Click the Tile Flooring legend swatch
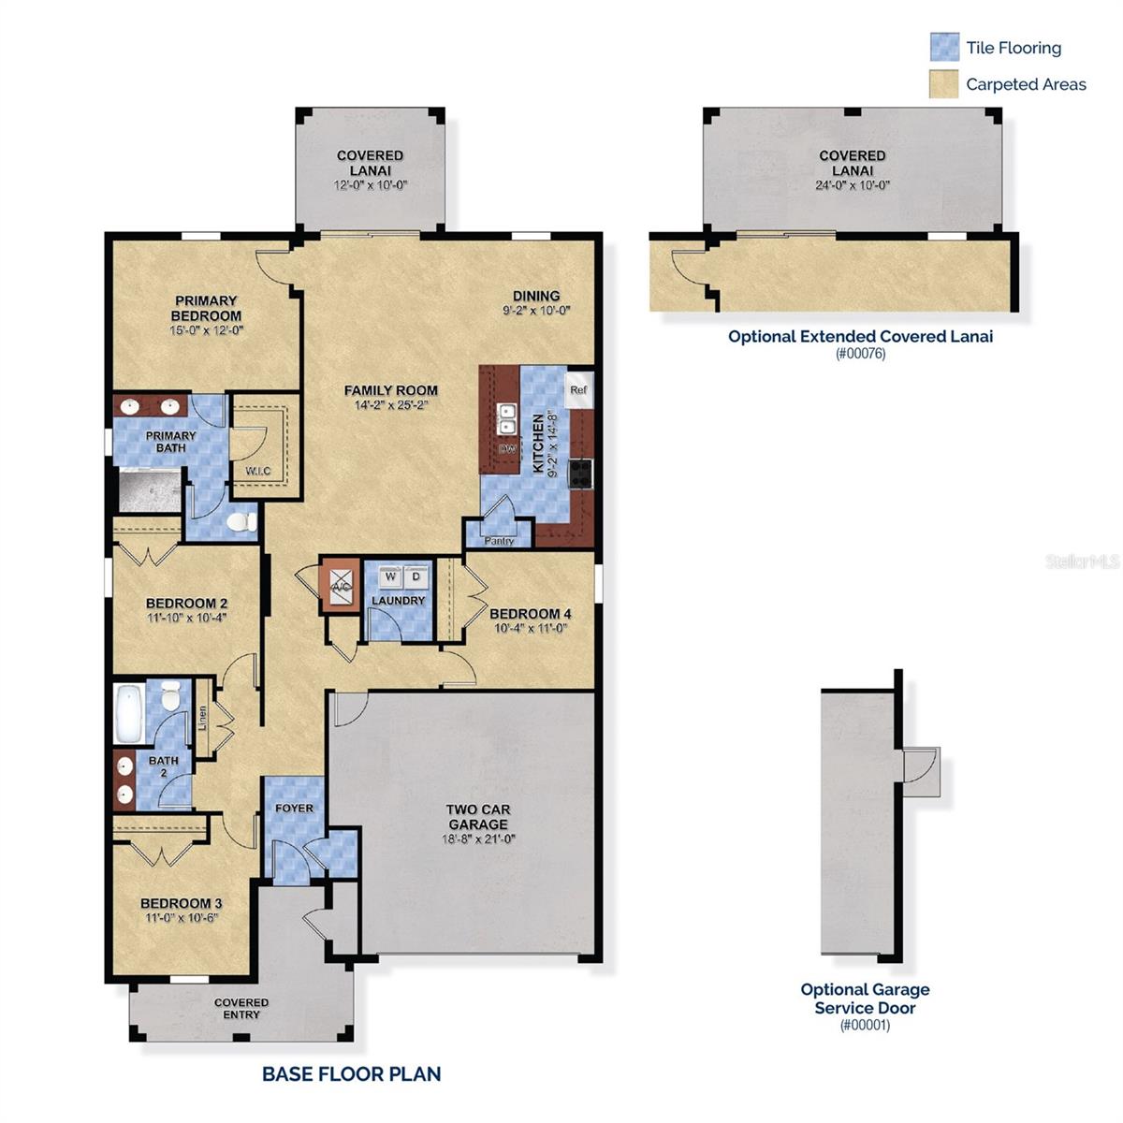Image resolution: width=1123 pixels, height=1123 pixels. [x=944, y=47]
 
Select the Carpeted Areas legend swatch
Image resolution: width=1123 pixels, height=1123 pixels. [x=944, y=84]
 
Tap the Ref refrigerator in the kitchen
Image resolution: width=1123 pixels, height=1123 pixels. [x=578, y=389]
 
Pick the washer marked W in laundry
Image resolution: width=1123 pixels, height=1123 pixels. [x=390, y=577]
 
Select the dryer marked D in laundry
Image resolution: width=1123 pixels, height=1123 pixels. [x=416, y=577]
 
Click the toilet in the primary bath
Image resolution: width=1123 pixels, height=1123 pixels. [x=242, y=521]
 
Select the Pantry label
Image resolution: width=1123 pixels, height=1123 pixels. [x=499, y=541]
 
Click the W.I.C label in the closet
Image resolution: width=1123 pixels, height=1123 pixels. [x=258, y=471]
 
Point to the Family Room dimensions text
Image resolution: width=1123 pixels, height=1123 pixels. [x=390, y=405]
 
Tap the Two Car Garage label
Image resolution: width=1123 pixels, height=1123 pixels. [x=477, y=817]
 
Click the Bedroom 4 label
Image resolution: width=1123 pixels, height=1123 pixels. [x=531, y=614]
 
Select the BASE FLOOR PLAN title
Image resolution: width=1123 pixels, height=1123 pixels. [x=351, y=1073]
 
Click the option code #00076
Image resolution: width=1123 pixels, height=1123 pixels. [x=860, y=354]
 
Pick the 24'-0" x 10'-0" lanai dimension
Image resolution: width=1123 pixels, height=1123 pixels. [x=852, y=185]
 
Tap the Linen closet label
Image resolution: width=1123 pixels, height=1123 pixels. [x=203, y=719]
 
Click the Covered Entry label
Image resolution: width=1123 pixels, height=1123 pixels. [x=241, y=1008]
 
